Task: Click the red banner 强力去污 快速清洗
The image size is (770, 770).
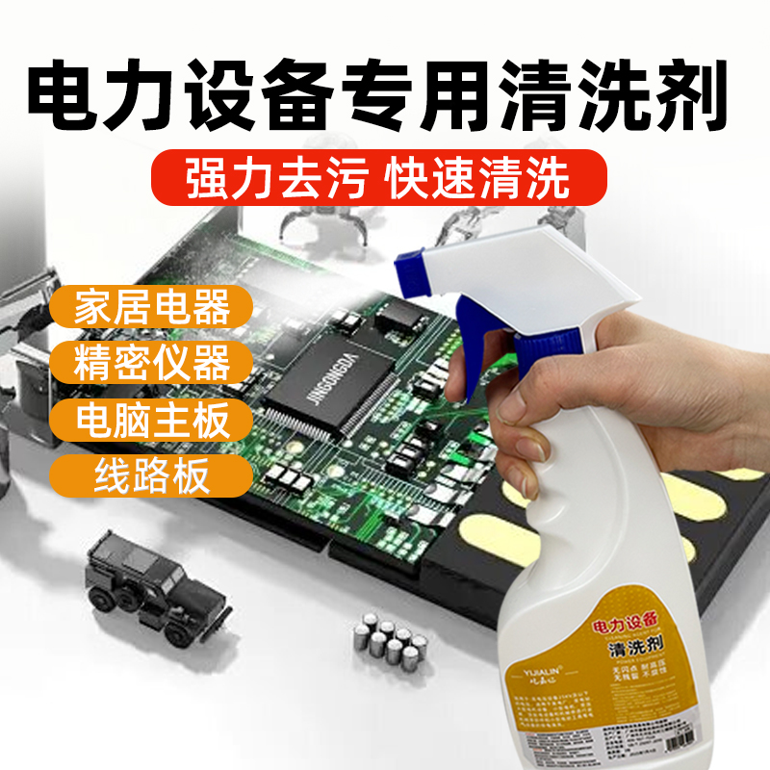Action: point(380,179)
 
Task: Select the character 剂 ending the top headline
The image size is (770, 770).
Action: point(687,98)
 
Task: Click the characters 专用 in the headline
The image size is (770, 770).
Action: point(438,98)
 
